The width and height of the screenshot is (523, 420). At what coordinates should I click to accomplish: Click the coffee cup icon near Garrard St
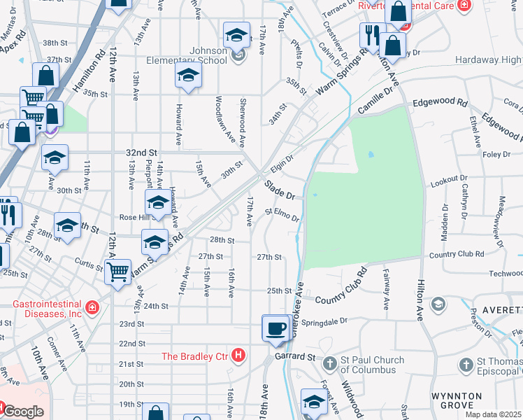(x=277, y=328)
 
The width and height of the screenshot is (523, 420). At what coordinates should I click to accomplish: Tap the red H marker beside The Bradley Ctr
(x=238, y=356)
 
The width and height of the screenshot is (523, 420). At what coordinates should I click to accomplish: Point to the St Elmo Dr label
(x=282, y=213)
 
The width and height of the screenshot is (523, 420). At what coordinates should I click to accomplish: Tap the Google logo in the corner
(x=22, y=412)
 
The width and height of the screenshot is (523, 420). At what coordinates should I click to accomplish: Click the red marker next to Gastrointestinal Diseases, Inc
(x=92, y=307)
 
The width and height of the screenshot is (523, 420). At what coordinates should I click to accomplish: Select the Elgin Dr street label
(x=281, y=164)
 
